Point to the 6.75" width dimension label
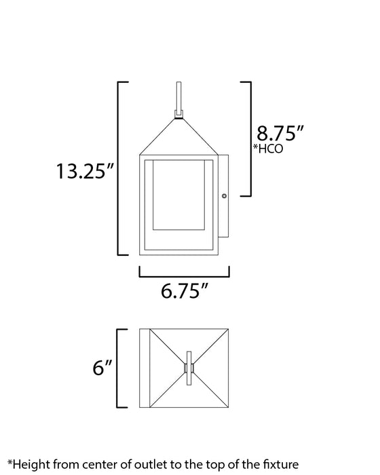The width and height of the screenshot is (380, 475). (184, 293)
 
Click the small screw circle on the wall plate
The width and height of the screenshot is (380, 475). (225, 197)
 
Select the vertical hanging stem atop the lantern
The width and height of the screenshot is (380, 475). (179, 96)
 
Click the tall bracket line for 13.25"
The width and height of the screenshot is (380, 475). (120, 168)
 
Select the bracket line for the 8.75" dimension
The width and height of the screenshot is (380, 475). (250, 138)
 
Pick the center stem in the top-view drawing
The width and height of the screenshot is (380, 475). (189, 368)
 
